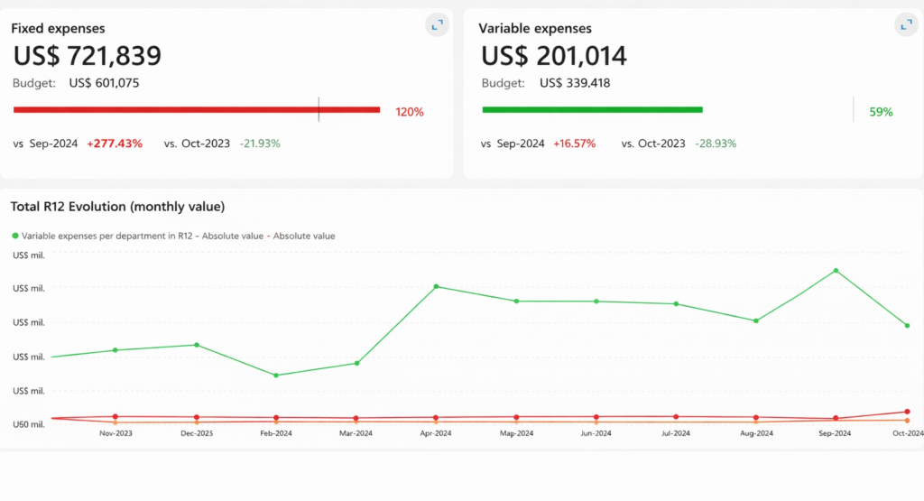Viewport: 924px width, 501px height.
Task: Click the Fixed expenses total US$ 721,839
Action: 88,56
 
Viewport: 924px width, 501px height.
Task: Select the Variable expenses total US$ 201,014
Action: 554,56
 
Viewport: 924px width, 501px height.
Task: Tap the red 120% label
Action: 410,112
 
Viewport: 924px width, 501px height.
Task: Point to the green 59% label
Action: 881,112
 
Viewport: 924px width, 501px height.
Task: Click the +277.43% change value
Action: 115,144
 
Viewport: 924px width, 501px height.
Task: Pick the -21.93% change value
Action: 260,144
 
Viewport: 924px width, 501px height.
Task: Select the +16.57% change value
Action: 574,144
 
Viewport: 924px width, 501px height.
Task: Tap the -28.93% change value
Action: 716,144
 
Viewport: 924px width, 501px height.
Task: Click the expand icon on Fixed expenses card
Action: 438,24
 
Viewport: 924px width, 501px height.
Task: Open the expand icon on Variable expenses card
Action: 906,24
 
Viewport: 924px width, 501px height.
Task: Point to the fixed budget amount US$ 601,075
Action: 104,83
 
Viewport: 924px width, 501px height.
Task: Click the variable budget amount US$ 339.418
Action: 575,83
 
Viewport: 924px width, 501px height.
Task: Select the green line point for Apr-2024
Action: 436,286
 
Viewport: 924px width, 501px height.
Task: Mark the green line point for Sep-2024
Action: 836,271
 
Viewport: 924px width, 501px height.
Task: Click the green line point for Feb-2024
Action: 276,375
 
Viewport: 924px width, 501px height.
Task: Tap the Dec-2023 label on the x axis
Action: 197,433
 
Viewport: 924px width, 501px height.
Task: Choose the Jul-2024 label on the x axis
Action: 675,433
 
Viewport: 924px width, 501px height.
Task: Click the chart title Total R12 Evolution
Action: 117,207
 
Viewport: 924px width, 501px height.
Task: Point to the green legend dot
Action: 15,236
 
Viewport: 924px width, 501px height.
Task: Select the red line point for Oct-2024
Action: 907,412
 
